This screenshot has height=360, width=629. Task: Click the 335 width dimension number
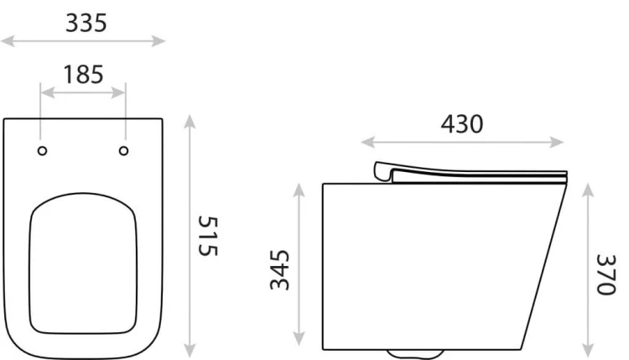pyautogui.click(x=86, y=23)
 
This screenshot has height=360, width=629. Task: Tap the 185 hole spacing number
pyautogui.click(x=83, y=75)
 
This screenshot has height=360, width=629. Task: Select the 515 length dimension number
pyautogui.click(x=208, y=236)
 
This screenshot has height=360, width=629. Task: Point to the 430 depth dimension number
pyautogui.click(x=462, y=124)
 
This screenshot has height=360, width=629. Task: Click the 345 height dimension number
pyautogui.click(x=279, y=269)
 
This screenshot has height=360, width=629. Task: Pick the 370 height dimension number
pyautogui.click(x=606, y=274)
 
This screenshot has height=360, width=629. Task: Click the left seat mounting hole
pyautogui.click(x=42, y=151)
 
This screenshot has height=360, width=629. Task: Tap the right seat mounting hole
pyautogui.click(x=123, y=151)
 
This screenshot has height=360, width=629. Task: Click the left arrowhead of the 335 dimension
pyautogui.click(x=8, y=40)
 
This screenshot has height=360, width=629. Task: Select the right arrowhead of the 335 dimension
pyautogui.click(x=158, y=40)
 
